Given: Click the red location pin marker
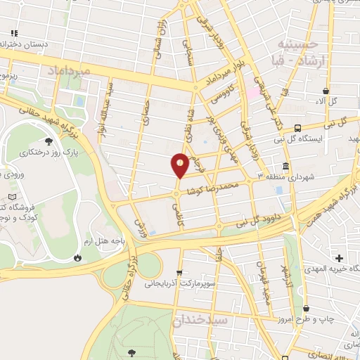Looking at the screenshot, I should click(x=180, y=165).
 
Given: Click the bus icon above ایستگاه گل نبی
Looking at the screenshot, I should click(x=298, y=129).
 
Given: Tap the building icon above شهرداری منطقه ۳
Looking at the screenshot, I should click(x=286, y=166).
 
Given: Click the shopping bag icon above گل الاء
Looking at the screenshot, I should click(x=326, y=91).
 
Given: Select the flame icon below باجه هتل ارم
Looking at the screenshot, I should click(x=77, y=258).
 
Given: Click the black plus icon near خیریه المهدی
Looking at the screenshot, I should click(x=340, y=258).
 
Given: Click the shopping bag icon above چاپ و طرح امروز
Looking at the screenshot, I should click(x=306, y=307).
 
